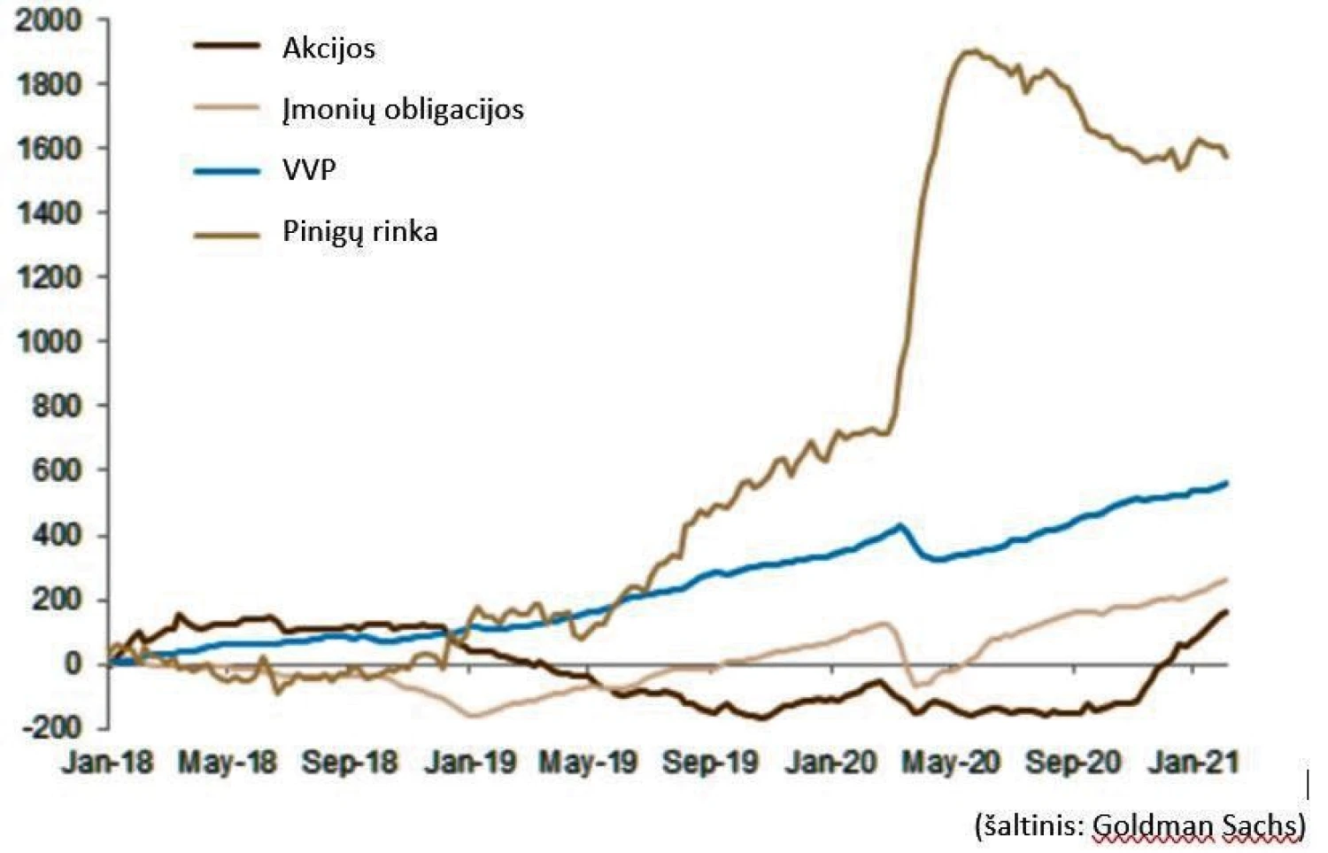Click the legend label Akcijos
coord(328,48)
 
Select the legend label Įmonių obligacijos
coord(403,109)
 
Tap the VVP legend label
coord(309,169)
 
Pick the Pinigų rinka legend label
coord(359,231)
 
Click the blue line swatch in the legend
coord(227,170)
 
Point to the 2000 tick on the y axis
coord(49,20)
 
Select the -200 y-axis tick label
coord(50,728)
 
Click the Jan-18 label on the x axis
coord(107,763)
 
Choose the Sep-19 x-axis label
coord(710,763)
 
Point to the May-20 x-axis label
coord(951,763)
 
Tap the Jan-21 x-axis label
coord(1193,763)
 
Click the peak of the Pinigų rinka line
coord(971,51)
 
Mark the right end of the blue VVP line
coord(1226,483)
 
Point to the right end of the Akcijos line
coord(1226,611)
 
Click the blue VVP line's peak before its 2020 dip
coord(900,525)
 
